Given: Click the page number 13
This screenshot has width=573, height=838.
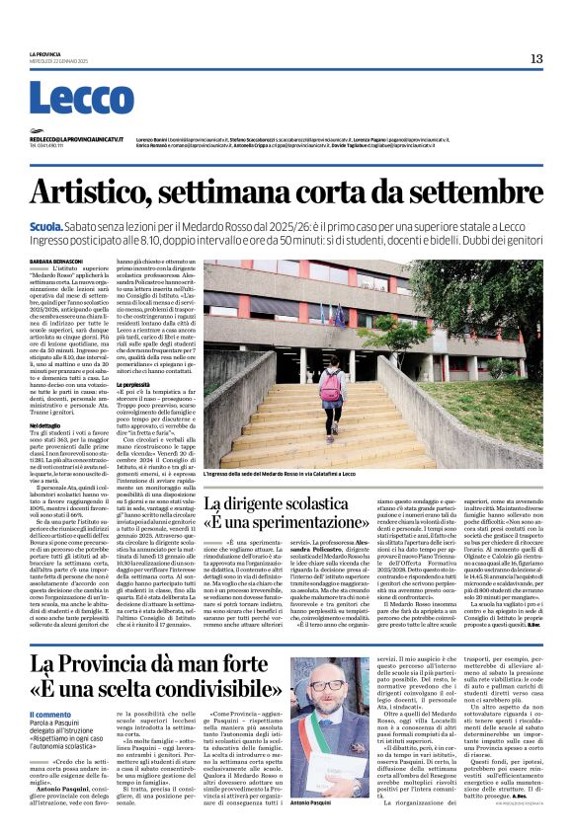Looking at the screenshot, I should [x=536, y=58].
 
